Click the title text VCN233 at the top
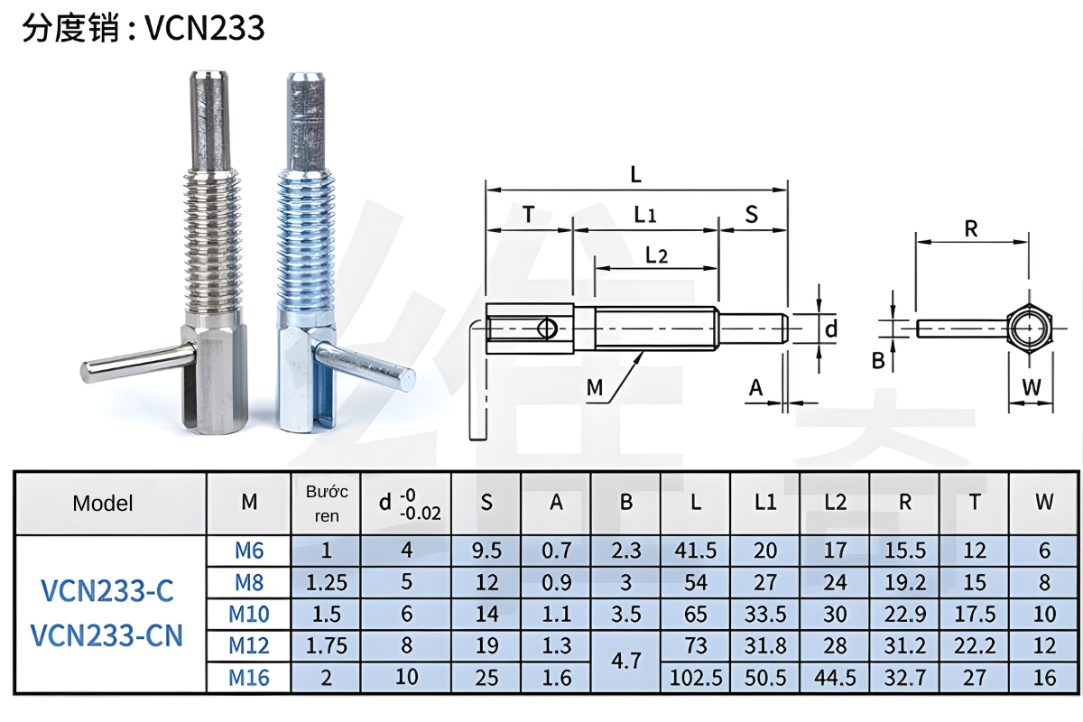click(205, 28)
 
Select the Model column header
click(103, 504)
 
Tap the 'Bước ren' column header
click(327, 504)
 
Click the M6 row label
click(249, 550)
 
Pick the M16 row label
click(249, 677)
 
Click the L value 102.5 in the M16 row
click(696, 677)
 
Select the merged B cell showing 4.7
click(625, 661)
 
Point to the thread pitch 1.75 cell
click(327, 645)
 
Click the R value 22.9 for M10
click(905, 614)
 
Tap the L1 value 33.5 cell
click(765, 614)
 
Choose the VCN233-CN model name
click(106, 635)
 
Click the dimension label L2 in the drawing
click(656, 255)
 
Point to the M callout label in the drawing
click(594, 387)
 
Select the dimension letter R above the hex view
click(971, 229)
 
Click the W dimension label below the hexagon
click(1031, 387)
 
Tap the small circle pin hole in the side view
click(546, 329)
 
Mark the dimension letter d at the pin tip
click(831, 329)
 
